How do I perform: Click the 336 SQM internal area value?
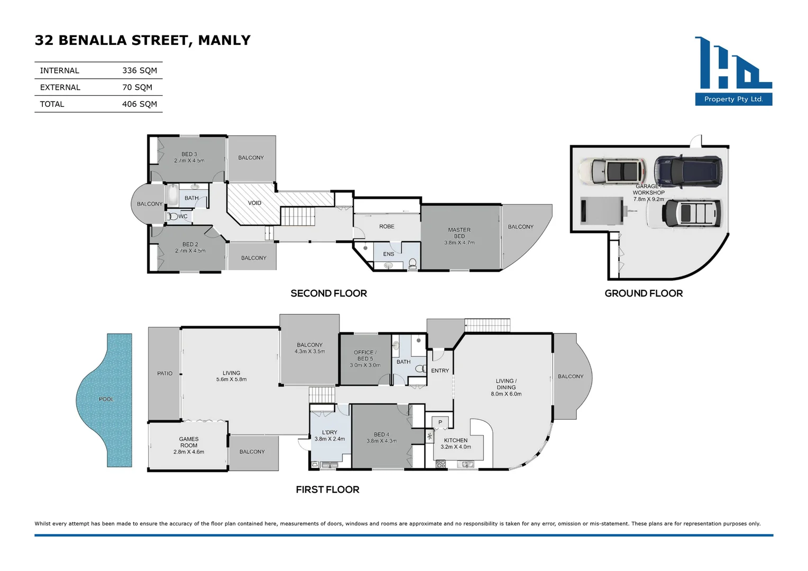(139, 70)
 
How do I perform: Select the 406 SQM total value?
(139, 104)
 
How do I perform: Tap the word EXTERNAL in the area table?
(60, 87)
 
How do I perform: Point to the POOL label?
(106, 399)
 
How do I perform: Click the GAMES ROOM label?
(189, 445)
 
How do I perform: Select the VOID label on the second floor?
(254, 203)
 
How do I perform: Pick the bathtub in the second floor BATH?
(173, 195)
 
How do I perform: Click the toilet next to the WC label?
(172, 216)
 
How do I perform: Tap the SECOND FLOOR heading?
(328, 293)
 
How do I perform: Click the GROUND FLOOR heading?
(644, 293)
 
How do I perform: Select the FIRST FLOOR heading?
(327, 490)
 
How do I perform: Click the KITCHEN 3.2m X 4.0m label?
(455, 444)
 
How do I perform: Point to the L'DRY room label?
(329, 435)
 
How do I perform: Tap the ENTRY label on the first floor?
(439, 371)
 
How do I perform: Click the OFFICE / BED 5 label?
(365, 358)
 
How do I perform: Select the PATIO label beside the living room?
(164, 373)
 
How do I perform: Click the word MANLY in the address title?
(224, 40)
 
